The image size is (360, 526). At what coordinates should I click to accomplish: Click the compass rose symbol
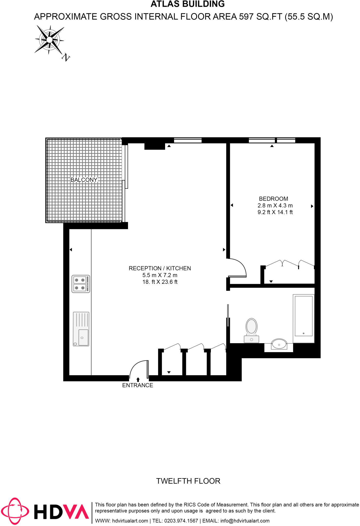point(49,40)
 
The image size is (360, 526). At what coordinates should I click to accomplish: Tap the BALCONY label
point(84,180)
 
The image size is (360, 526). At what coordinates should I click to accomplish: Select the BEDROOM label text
point(273,199)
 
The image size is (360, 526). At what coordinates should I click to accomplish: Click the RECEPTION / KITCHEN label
point(160,268)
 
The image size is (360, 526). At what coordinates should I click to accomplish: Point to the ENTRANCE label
point(138,385)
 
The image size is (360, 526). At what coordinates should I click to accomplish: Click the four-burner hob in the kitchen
point(81,284)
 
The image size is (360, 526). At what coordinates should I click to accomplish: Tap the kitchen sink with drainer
point(81,329)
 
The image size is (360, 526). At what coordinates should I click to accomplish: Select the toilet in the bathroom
point(251,330)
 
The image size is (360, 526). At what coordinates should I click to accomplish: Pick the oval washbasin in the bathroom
point(279,344)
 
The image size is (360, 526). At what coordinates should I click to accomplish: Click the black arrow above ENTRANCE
point(138,379)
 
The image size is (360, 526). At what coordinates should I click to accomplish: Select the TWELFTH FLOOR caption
point(188,481)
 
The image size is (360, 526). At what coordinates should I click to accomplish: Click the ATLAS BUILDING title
point(188,4)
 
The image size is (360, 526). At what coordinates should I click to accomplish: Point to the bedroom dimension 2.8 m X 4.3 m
point(275,205)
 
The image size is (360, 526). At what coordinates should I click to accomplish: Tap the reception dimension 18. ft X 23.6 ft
point(160,282)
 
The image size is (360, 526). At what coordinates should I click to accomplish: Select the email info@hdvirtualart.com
point(245,521)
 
